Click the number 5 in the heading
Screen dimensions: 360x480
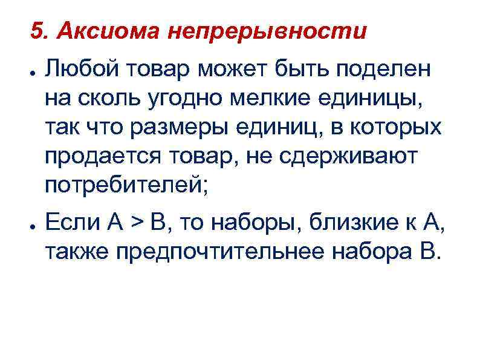pyautogui.click(x=37, y=31)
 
